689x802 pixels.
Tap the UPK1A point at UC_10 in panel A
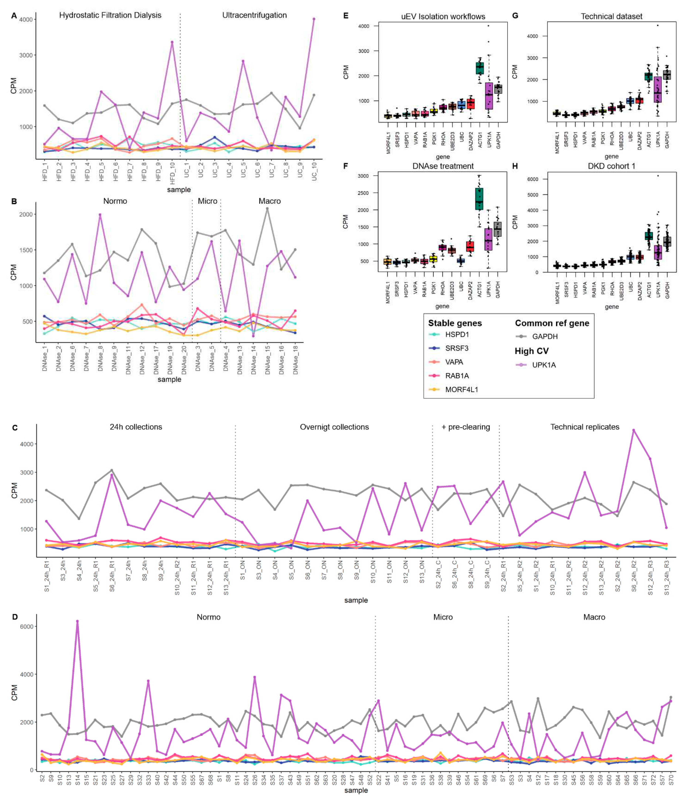[314, 19]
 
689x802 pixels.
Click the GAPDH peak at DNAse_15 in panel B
[267, 209]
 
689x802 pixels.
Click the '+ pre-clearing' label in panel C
[466, 427]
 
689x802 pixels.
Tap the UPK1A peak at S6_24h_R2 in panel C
[634, 430]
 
